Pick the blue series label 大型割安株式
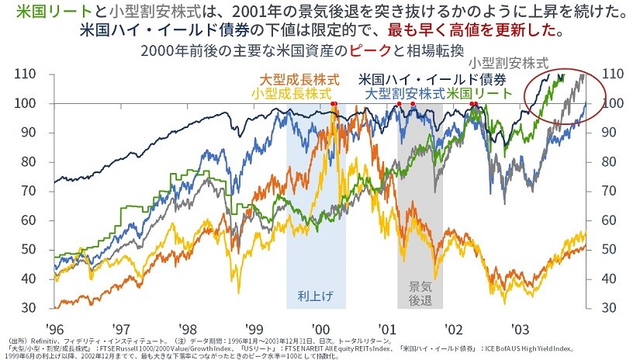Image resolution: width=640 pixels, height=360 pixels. pos(404,92)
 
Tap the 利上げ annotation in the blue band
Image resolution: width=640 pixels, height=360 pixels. pos(314,296)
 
